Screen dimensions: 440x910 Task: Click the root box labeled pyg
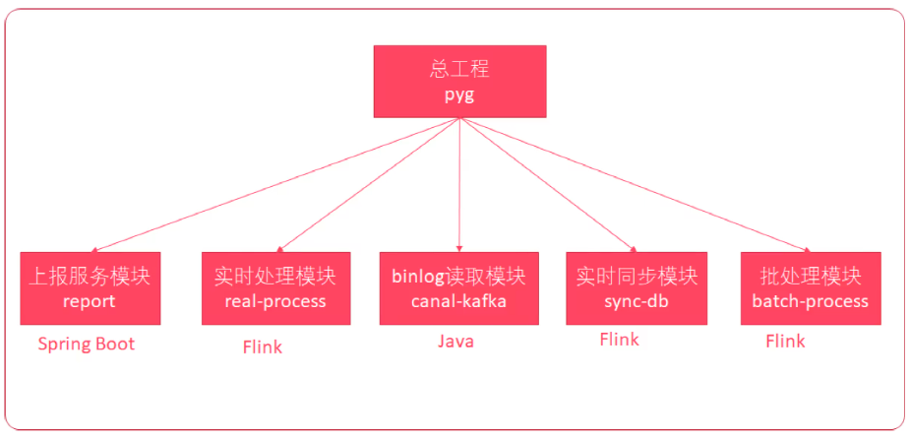(459, 82)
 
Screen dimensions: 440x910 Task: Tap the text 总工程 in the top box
(459, 69)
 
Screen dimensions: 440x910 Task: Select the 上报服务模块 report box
(90, 287)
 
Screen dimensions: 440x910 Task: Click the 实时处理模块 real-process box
(275, 287)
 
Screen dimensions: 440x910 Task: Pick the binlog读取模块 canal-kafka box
(458, 287)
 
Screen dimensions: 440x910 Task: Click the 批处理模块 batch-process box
(811, 287)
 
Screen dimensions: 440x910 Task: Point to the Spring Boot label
(87, 344)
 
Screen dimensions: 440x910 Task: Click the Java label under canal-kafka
(455, 342)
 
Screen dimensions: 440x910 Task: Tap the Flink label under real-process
(263, 346)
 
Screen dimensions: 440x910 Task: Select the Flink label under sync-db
(619, 340)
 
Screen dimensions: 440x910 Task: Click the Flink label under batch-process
(785, 342)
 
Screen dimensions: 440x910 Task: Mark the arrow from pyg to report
(275, 185)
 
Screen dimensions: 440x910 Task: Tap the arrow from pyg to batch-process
(635, 185)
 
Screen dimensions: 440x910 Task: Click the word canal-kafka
(458, 301)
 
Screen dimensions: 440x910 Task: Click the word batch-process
(811, 301)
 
